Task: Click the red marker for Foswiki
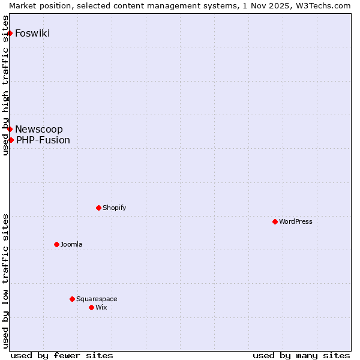(10, 33)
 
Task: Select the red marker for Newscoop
(10, 129)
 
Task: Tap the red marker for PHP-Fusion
(11, 140)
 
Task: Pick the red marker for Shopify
(98, 208)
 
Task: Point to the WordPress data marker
(275, 221)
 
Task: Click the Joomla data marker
(56, 244)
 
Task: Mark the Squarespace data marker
(72, 299)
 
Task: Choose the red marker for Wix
(91, 307)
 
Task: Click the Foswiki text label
(32, 33)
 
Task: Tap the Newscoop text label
(39, 129)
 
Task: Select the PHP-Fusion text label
(43, 140)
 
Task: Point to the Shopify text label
(115, 208)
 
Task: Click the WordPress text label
(296, 221)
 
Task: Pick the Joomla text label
(71, 244)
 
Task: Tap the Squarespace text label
(97, 299)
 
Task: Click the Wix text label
(101, 307)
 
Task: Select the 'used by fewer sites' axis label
(62, 355)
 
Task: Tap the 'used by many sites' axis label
(301, 355)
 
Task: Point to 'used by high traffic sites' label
(5, 93)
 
